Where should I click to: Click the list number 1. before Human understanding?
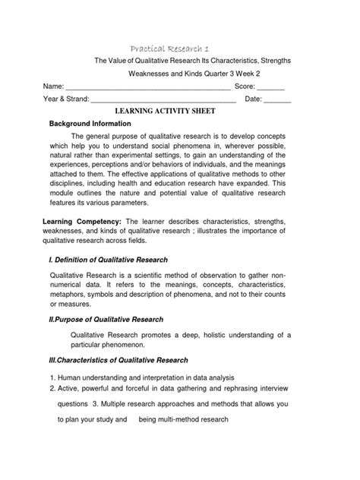point(45,377)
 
